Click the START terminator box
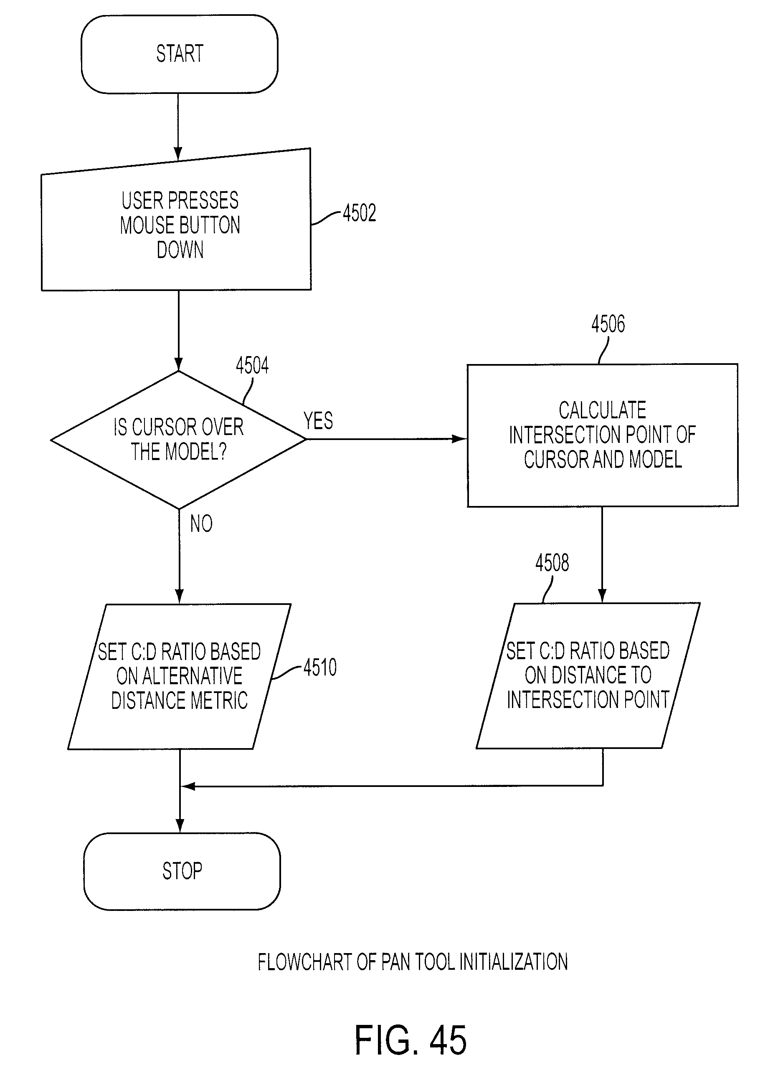(x=179, y=54)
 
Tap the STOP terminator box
(x=182, y=871)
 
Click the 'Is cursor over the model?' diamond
(x=178, y=440)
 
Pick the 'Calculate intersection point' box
(x=603, y=435)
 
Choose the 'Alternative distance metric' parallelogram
(x=179, y=677)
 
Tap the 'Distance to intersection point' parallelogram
(x=588, y=676)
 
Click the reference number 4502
(x=359, y=213)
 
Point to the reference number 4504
(x=252, y=366)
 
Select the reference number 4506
(x=608, y=324)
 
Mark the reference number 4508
(x=552, y=563)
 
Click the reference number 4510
(x=320, y=668)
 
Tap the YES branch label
(x=318, y=421)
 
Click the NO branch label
(x=201, y=524)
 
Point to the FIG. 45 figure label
(x=410, y=1040)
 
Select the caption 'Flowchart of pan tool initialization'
(x=413, y=962)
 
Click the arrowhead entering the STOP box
(x=180, y=826)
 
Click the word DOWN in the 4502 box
(x=180, y=250)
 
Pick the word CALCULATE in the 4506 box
(x=602, y=410)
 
